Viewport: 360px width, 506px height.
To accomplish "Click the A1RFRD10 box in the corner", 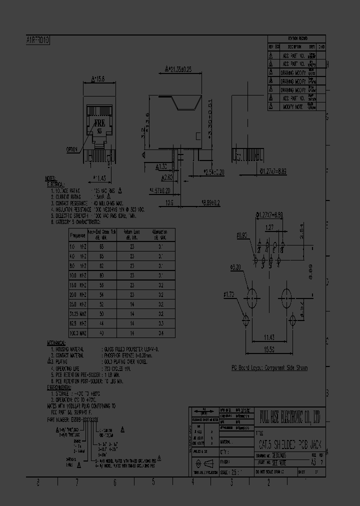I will coord(37,40).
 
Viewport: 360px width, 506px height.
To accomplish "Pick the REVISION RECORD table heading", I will coord(297,38).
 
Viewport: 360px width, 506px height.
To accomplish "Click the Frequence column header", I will coord(78,235).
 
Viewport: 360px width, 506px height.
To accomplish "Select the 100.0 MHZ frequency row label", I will coord(78,332).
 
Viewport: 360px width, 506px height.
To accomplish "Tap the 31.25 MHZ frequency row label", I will coord(78,313).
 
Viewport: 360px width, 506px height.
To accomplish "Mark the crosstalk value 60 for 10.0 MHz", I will coord(102,275).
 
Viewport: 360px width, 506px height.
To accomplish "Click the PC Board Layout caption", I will coord(269,368).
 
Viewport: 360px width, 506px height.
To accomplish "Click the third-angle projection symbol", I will coord(203,463).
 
